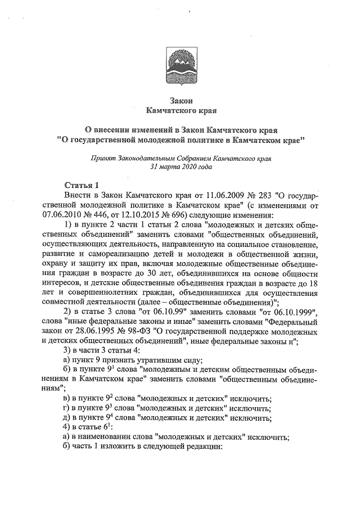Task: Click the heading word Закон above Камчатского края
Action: [179, 100]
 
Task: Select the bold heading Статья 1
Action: [81, 184]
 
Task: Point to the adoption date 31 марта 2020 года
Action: [179, 168]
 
